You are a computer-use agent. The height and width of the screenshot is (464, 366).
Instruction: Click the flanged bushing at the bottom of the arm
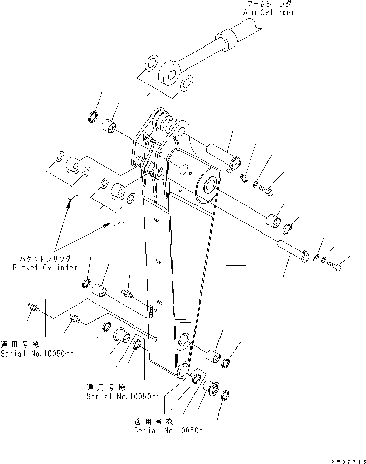[210, 389]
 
